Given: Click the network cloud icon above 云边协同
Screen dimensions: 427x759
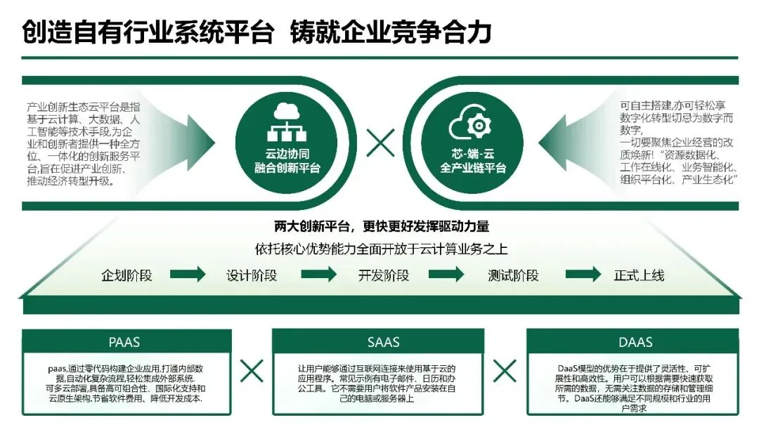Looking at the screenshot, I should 286,122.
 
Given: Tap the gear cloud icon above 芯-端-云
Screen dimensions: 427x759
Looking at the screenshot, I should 473,124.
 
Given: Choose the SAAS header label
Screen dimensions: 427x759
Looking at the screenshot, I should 383,343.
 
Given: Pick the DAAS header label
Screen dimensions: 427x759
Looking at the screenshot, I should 635,343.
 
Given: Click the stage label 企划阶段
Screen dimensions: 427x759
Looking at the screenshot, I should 126,275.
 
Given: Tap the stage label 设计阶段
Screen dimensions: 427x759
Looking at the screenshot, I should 252,275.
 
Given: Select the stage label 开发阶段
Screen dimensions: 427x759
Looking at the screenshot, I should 383,275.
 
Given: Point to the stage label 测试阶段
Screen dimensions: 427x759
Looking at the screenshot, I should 513,275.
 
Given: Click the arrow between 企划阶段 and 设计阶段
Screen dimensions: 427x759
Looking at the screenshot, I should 188,275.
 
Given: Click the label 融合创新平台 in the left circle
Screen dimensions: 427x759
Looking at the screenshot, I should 287,168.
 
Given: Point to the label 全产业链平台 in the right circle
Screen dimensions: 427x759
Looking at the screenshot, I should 473,169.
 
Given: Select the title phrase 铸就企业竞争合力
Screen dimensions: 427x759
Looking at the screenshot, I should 390,32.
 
